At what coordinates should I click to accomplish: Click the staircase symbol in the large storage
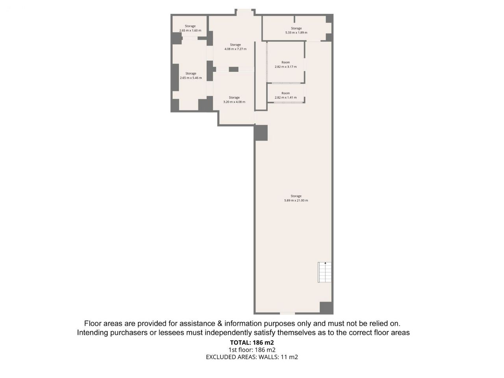click(324, 272)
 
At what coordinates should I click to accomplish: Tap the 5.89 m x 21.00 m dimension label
click(296, 200)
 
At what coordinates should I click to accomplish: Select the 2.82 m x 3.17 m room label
click(285, 67)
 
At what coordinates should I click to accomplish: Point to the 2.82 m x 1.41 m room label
click(285, 98)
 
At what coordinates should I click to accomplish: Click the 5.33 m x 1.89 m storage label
click(296, 33)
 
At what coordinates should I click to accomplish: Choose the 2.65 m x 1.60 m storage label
click(190, 31)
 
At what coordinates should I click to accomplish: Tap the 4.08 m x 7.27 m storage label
click(235, 49)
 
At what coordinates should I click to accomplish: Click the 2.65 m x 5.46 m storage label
click(191, 78)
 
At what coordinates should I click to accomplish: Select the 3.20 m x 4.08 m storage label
click(234, 102)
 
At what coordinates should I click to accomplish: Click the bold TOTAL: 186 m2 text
click(252, 343)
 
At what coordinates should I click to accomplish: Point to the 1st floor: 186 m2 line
click(252, 350)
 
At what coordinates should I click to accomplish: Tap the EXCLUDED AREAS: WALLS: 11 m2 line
click(252, 357)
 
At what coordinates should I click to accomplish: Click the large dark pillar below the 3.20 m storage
click(261, 133)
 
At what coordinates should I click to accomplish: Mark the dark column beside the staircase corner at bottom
click(326, 308)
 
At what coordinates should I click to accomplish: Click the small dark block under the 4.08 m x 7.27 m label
click(233, 69)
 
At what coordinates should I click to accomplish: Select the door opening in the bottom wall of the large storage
click(287, 313)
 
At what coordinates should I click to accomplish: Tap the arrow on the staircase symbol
click(325, 263)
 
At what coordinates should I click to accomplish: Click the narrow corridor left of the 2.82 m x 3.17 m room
click(260, 76)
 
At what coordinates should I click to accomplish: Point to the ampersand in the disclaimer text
click(220, 324)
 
